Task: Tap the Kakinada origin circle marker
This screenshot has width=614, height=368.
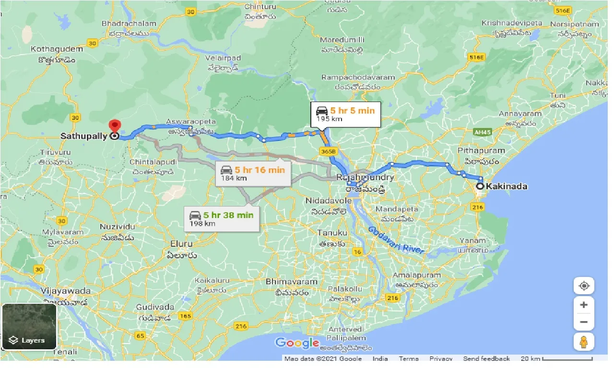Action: click(x=479, y=186)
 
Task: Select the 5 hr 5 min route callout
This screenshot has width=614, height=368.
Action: click(x=346, y=115)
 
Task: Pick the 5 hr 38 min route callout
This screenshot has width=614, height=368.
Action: click(x=222, y=218)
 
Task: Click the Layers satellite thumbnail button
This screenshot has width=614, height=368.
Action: click(x=29, y=326)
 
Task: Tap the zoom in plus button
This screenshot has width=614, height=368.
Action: click(x=584, y=305)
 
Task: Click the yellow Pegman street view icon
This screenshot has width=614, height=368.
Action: click(x=584, y=342)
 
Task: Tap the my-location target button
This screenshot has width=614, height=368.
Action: click(x=584, y=286)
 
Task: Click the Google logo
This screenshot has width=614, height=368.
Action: click(x=297, y=343)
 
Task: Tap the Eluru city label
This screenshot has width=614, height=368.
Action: click(x=181, y=244)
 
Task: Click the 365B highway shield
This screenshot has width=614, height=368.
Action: click(x=329, y=151)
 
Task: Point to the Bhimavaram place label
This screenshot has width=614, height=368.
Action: click(x=292, y=282)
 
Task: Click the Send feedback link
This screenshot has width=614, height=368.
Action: click(x=486, y=358)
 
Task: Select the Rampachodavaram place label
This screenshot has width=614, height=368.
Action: click(x=358, y=77)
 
